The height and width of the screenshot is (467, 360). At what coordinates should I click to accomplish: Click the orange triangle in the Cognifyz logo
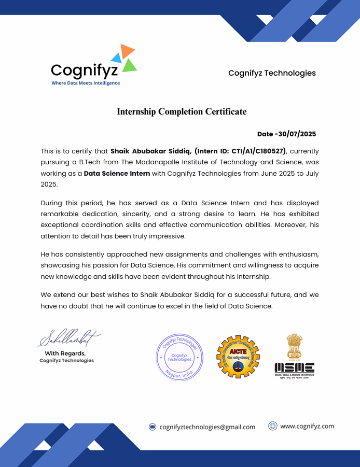[x=127, y=50]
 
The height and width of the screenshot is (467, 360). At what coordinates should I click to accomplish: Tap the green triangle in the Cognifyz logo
[x=130, y=65]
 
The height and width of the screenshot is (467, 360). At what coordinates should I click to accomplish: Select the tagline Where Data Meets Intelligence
[x=86, y=83]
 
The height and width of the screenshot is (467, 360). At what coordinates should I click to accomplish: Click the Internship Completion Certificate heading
[x=182, y=111]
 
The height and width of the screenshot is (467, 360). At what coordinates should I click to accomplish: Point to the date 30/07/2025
[x=298, y=134]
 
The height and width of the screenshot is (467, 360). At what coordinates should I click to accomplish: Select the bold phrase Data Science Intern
[x=117, y=173]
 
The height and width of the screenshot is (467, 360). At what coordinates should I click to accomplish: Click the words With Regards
[x=65, y=353]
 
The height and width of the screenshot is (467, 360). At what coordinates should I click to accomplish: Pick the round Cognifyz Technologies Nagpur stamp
[x=179, y=357]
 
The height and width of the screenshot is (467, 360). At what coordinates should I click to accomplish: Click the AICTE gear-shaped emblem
[x=238, y=357]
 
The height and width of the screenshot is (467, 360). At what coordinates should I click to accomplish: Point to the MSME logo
[x=294, y=357]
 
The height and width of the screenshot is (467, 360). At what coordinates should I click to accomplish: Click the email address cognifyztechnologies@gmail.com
[x=207, y=427]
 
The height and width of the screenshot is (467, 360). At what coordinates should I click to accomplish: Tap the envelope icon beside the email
[x=153, y=427]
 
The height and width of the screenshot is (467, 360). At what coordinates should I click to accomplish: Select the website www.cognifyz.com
[x=307, y=426]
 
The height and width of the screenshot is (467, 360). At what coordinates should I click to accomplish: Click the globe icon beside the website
[x=272, y=426]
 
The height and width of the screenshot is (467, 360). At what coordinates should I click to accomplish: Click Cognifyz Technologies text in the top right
[x=272, y=73]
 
